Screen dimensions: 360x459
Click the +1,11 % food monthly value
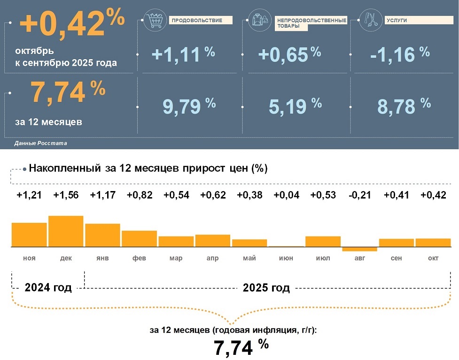pos(183,54)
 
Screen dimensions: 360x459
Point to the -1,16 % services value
pos(399,54)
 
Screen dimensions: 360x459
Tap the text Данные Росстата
pos(40,143)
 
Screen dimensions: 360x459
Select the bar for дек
pos(66,231)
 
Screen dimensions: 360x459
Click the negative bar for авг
pos(359,249)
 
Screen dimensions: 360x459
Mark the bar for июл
pos(323,241)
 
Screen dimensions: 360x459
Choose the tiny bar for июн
pos(286,246)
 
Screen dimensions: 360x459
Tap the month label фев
pos(139,259)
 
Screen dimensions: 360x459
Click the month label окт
pos(433,259)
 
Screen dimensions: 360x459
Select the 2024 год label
pos(48,288)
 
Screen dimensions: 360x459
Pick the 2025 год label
pos(266,288)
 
